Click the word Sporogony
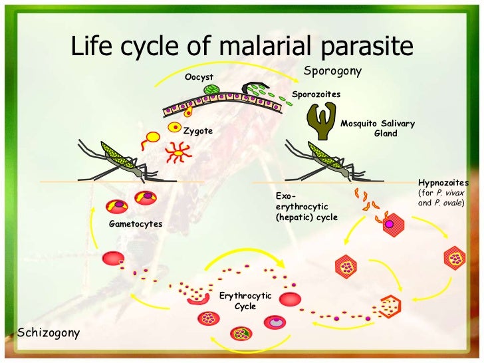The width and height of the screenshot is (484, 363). coord(332,71)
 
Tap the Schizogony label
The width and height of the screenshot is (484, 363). coord(48,331)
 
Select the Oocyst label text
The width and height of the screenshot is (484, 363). coord(199,77)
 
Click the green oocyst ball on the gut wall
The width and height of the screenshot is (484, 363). coord(211,89)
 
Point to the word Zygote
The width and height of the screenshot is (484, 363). coord(198,131)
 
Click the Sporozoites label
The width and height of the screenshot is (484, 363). coord(316,94)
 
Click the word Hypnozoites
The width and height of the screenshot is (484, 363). coord(443,183)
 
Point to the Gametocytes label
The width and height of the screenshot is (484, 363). coord(135,224)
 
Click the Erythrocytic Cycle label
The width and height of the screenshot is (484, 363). coord(245,301)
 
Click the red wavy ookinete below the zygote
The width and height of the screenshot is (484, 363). coord(179,153)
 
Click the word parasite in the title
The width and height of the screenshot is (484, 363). coord(369,46)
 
